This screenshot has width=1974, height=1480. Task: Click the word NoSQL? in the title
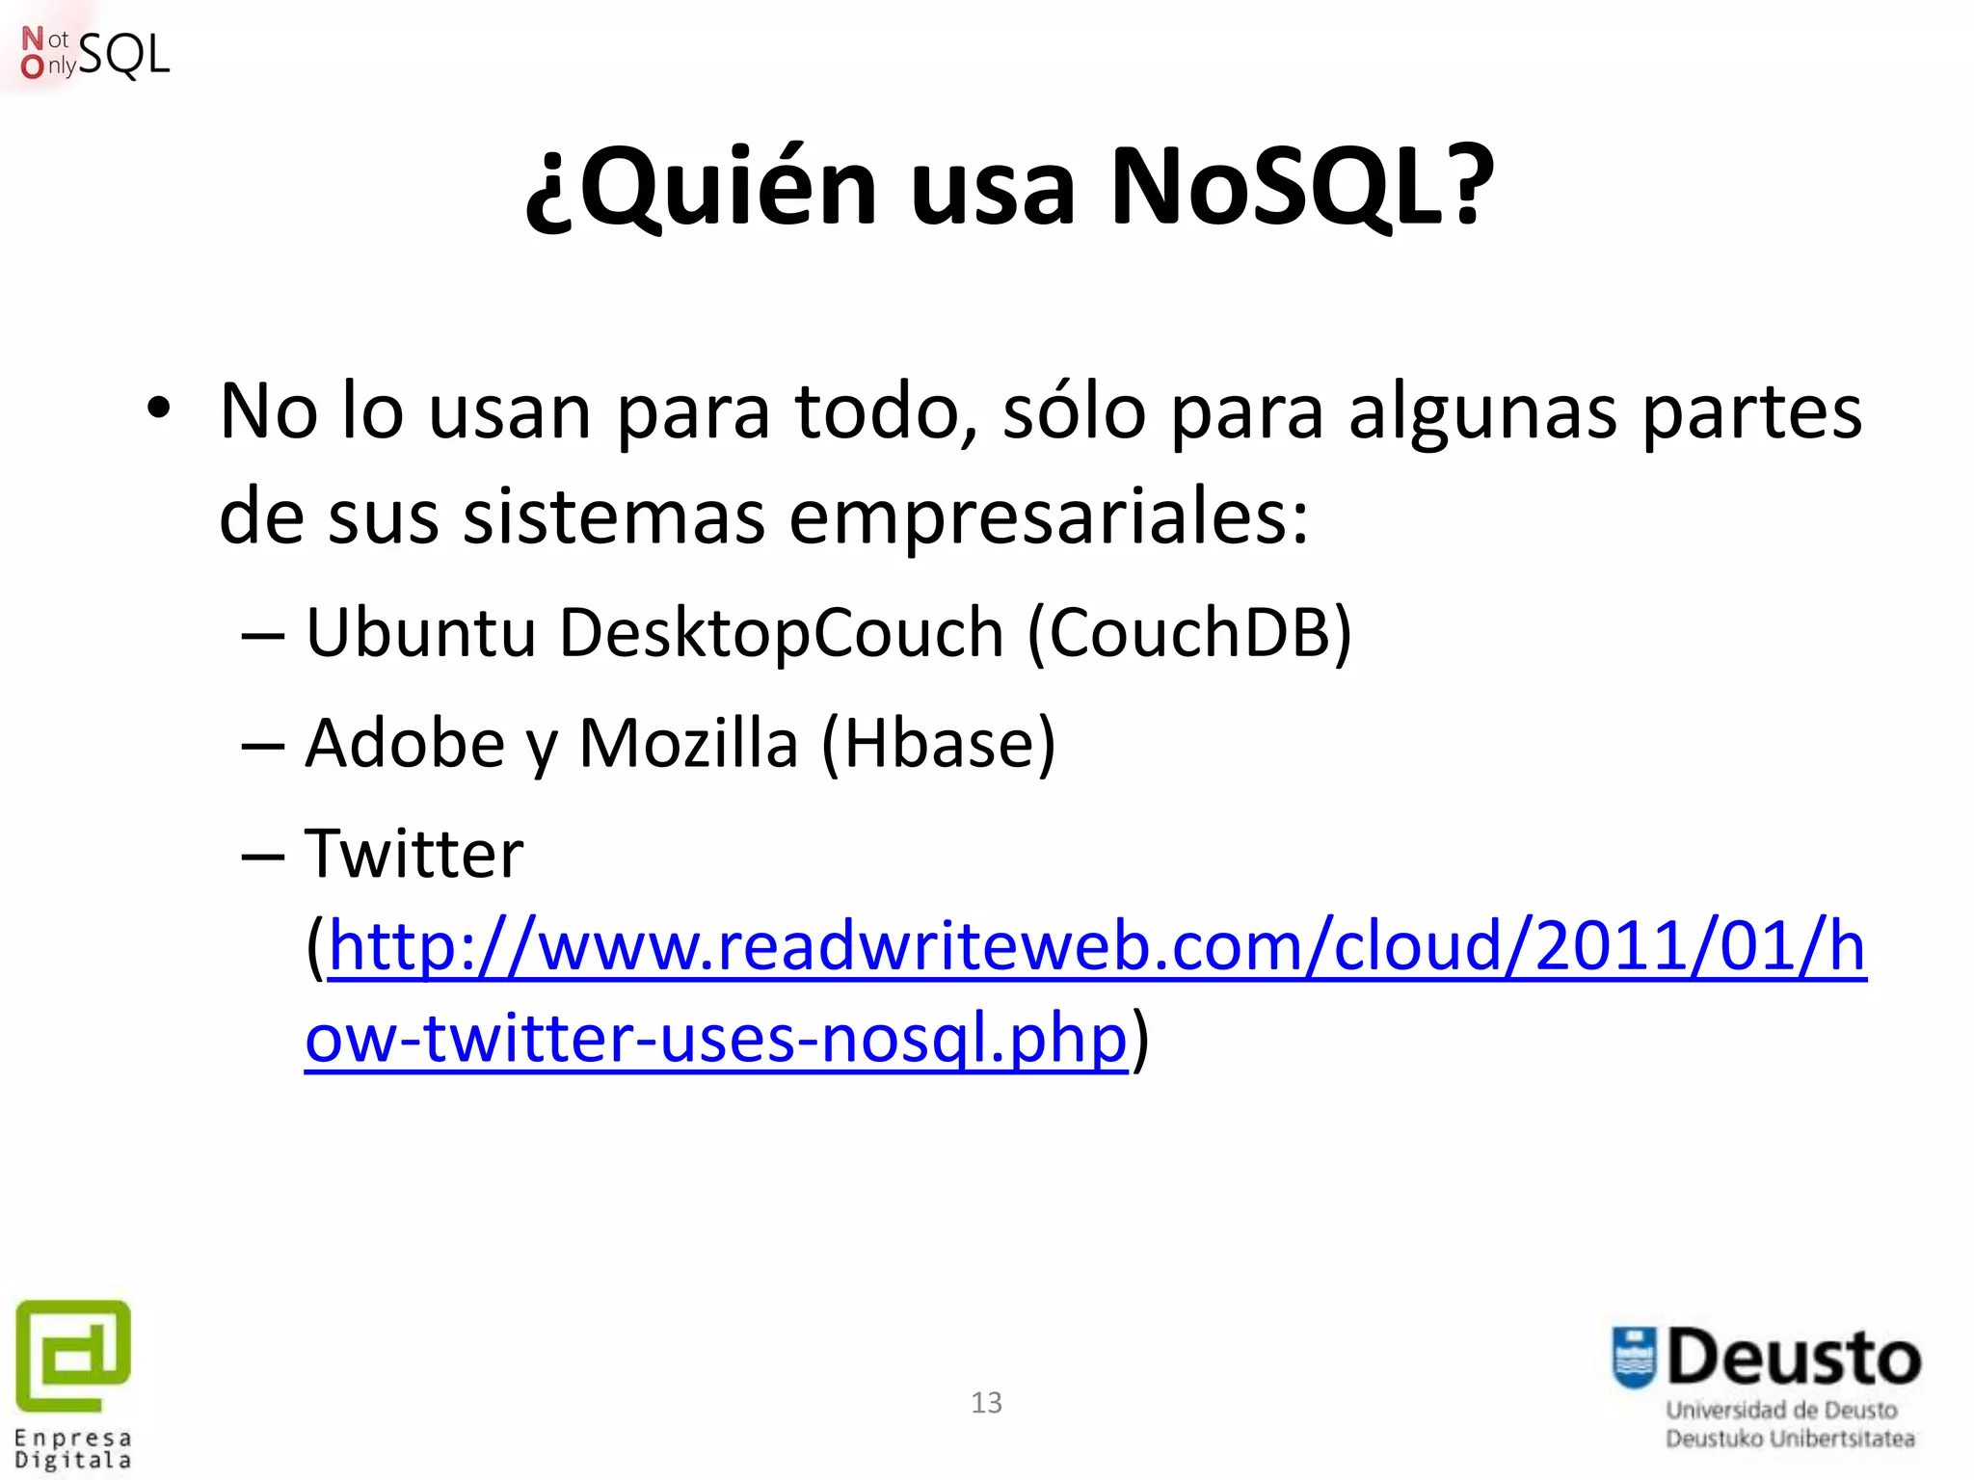[1301, 188]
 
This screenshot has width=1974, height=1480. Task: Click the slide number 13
[986, 1403]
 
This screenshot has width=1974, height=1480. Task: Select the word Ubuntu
[420, 633]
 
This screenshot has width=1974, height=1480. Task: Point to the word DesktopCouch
[782, 633]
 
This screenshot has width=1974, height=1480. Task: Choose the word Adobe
[405, 744]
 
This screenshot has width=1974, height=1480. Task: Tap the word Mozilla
[688, 744]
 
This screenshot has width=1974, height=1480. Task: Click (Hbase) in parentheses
[939, 744]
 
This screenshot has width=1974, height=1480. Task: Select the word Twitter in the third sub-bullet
[414, 854]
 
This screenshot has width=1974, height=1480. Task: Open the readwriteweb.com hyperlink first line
[1097, 946]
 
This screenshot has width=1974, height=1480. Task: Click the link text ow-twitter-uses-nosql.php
[715, 1039]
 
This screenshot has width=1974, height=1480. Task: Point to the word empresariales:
[1049, 517]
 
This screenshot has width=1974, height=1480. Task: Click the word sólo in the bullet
[1074, 412]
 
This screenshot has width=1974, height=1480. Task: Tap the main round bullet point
[159, 409]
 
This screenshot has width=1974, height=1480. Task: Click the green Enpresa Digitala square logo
[73, 1354]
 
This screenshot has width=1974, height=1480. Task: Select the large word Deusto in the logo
[1794, 1359]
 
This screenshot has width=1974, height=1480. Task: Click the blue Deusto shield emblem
[1634, 1358]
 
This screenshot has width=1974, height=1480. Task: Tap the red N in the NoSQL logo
[33, 39]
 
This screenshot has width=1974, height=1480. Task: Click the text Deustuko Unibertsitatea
[1790, 1439]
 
